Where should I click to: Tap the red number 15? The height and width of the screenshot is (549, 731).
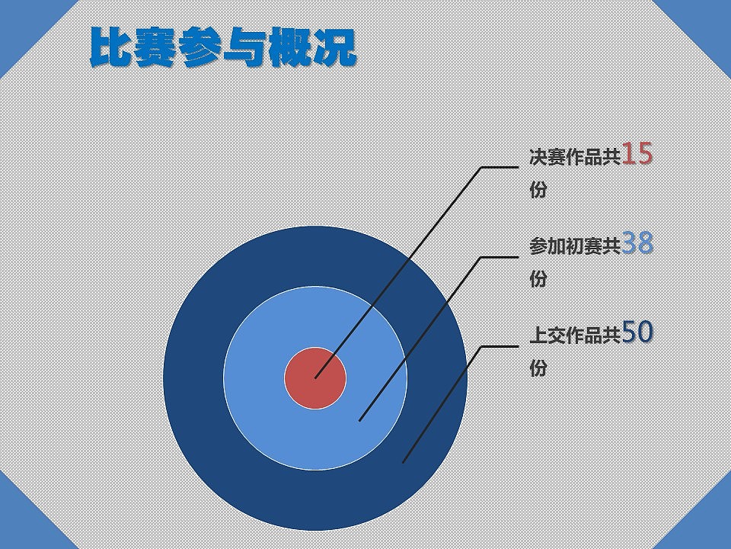tap(637, 154)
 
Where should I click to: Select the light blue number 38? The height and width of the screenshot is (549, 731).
tap(637, 243)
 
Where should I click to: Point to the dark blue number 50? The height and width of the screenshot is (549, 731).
tap(637, 332)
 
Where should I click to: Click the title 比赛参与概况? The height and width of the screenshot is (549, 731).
tap(223, 47)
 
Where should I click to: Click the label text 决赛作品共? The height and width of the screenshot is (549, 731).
tap(576, 157)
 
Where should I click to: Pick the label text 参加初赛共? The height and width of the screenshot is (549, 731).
tap(576, 246)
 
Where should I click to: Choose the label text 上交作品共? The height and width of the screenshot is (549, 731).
tap(576, 335)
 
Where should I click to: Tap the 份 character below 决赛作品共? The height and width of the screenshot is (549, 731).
tap(538, 190)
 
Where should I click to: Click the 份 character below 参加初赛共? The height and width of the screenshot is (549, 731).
tap(538, 279)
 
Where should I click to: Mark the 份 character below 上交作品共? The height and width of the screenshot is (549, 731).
tap(538, 368)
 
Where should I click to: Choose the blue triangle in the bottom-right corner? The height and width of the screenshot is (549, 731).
tap(705, 524)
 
